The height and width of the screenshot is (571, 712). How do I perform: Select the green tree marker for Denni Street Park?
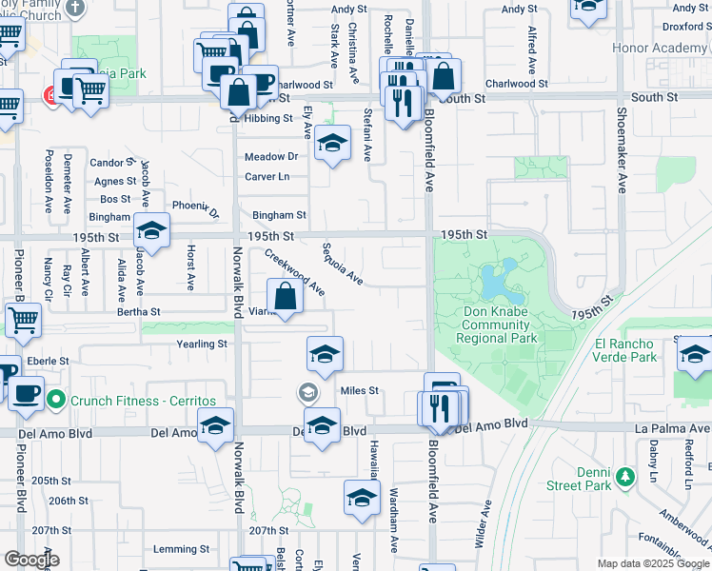pos(625,475)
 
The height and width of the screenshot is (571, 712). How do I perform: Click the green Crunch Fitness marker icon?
pos(55,401)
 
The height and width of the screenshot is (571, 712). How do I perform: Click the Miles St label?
pos(360,391)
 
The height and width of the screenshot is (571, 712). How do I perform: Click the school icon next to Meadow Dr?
pos(331,145)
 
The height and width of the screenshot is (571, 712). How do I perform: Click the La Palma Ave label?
pos(672,428)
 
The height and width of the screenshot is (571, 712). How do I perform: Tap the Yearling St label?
pos(202,344)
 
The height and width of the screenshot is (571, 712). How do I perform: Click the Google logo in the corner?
pos(31,560)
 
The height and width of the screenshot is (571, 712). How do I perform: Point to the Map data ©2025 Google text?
pos(653,564)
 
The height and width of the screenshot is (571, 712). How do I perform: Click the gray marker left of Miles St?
pos(307,391)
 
